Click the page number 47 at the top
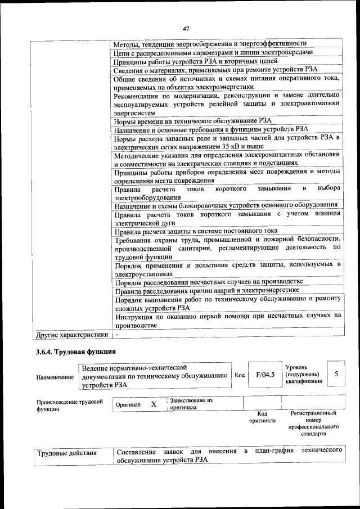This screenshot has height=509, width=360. point(186,29)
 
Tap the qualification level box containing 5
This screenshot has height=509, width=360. point(336,373)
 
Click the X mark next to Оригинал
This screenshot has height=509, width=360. point(154,404)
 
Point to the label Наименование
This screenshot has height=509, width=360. point(55,376)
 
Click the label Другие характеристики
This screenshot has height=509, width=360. point(71,335)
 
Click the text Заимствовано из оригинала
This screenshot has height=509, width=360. point(191,403)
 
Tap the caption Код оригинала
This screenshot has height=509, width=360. point(262,417)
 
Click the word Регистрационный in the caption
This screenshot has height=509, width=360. point(313,413)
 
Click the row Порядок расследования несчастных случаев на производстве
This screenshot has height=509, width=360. point(209,281)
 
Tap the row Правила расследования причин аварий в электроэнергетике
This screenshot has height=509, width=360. point(206,291)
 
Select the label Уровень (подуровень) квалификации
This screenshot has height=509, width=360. point(304,373)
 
